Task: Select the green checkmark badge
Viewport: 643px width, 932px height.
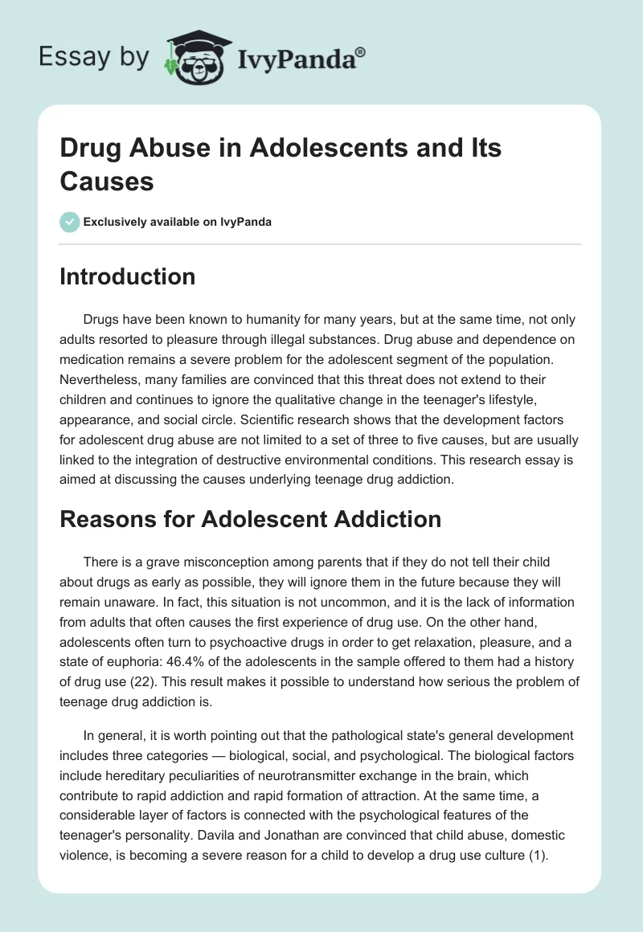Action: tap(69, 222)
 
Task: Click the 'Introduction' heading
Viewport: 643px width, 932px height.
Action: tap(128, 276)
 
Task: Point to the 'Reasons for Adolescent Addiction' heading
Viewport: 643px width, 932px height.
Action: tap(251, 519)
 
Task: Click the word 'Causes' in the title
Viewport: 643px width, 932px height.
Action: tap(107, 182)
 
